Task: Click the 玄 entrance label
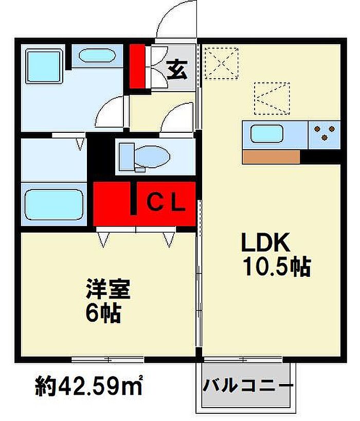(x=177, y=70)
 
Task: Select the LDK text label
(x=265, y=242)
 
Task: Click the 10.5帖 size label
(x=277, y=267)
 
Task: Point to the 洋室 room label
(x=108, y=289)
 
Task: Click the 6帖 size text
(x=103, y=313)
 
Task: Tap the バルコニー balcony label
(x=248, y=386)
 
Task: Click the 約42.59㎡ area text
(x=88, y=385)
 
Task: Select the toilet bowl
(x=145, y=157)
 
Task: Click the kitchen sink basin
(x=266, y=134)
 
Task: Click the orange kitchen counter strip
(x=271, y=157)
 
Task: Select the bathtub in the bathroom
(x=54, y=205)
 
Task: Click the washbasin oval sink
(x=97, y=56)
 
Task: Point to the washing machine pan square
(x=44, y=66)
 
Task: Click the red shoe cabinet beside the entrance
(x=137, y=66)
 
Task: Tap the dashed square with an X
(x=221, y=64)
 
